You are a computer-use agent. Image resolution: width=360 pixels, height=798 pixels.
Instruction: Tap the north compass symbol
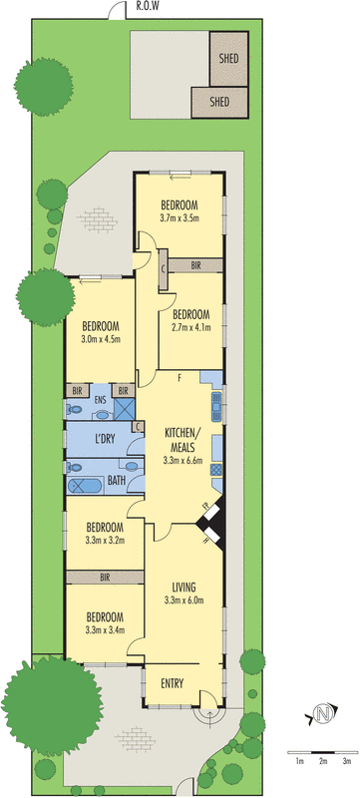(x=322, y=714)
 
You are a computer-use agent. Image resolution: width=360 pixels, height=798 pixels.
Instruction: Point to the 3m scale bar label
(x=347, y=761)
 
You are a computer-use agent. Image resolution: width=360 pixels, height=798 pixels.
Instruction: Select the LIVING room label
(x=183, y=587)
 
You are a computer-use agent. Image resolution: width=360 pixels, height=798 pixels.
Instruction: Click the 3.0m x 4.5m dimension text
(x=101, y=338)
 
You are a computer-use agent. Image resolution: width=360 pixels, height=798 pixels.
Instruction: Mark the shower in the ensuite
(x=124, y=408)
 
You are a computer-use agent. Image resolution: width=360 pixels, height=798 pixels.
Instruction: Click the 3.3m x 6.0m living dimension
(x=183, y=599)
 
